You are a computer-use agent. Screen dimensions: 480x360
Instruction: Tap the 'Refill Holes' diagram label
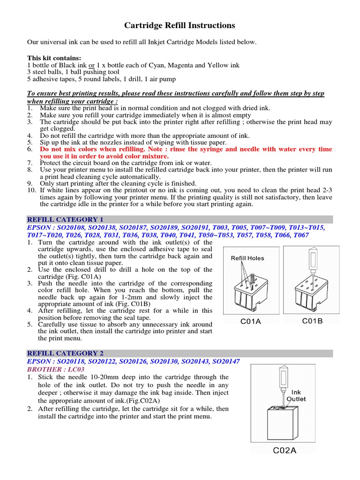(247, 258)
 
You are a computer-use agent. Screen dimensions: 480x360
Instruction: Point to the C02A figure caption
(285, 451)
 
